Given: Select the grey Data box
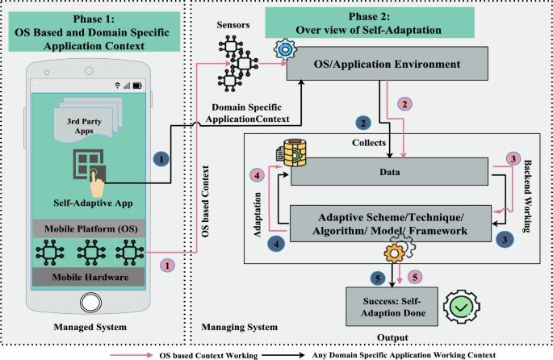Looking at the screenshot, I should (391, 173).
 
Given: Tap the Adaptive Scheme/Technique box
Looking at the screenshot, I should (391, 223).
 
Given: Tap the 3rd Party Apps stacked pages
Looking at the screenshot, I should (86, 126).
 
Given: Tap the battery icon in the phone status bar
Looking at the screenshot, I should (136, 85).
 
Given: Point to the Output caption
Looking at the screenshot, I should (393, 337).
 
